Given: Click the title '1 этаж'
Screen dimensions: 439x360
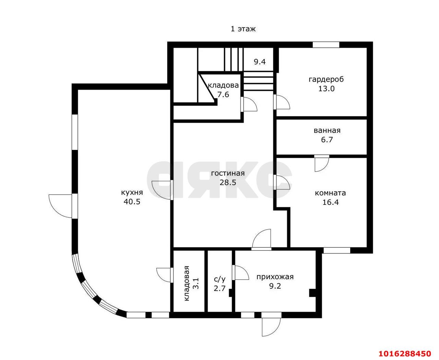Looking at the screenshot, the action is pos(243,29).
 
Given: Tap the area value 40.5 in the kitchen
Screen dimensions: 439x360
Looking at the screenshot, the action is pos(132,202).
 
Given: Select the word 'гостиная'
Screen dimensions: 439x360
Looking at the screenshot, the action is pos(228,173).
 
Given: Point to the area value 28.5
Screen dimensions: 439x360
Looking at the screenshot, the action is pos(228,183).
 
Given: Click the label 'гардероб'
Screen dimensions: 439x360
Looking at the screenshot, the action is pos(326,80).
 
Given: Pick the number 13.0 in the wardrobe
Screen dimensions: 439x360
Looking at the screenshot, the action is pos(327,89).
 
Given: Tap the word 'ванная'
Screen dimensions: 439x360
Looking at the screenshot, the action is pos(327,131).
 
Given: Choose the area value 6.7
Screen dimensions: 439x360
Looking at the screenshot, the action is pos(327,140).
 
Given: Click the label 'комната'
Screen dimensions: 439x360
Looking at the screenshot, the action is pos(330,193).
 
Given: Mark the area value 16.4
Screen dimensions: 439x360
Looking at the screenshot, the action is pos(331,202).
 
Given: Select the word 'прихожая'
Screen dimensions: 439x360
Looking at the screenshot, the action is pos(275,277).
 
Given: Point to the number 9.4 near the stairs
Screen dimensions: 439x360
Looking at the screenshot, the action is pos(260,62).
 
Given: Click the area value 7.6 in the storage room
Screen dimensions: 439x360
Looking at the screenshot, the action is pos(223,95).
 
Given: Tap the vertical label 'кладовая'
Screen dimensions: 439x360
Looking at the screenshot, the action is pos(187,283).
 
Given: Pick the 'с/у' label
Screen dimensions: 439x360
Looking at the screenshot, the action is pos(219,279).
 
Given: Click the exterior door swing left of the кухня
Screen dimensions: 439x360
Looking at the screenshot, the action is pos(60,206).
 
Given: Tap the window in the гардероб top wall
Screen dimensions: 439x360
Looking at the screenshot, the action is pos(326,45).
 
